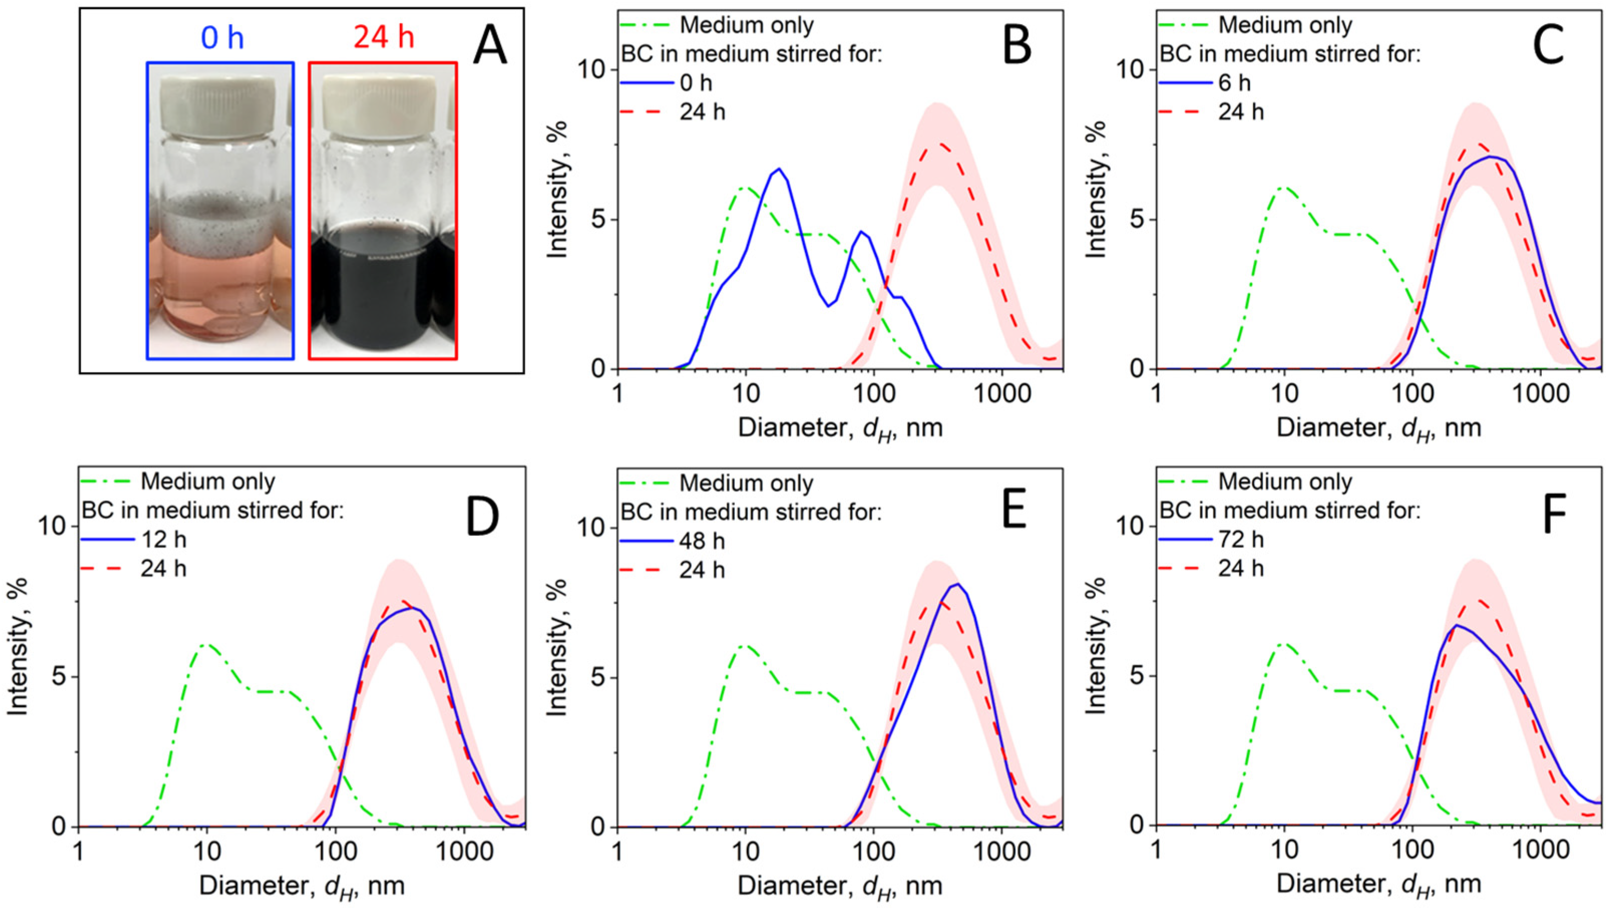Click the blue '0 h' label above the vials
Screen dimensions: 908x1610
[222, 38]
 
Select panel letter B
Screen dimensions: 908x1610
[1017, 47]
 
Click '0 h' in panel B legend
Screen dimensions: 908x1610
[696, 83]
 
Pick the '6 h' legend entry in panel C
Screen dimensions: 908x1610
[1235, 83]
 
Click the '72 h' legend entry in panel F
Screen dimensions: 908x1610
[1241, 539]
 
